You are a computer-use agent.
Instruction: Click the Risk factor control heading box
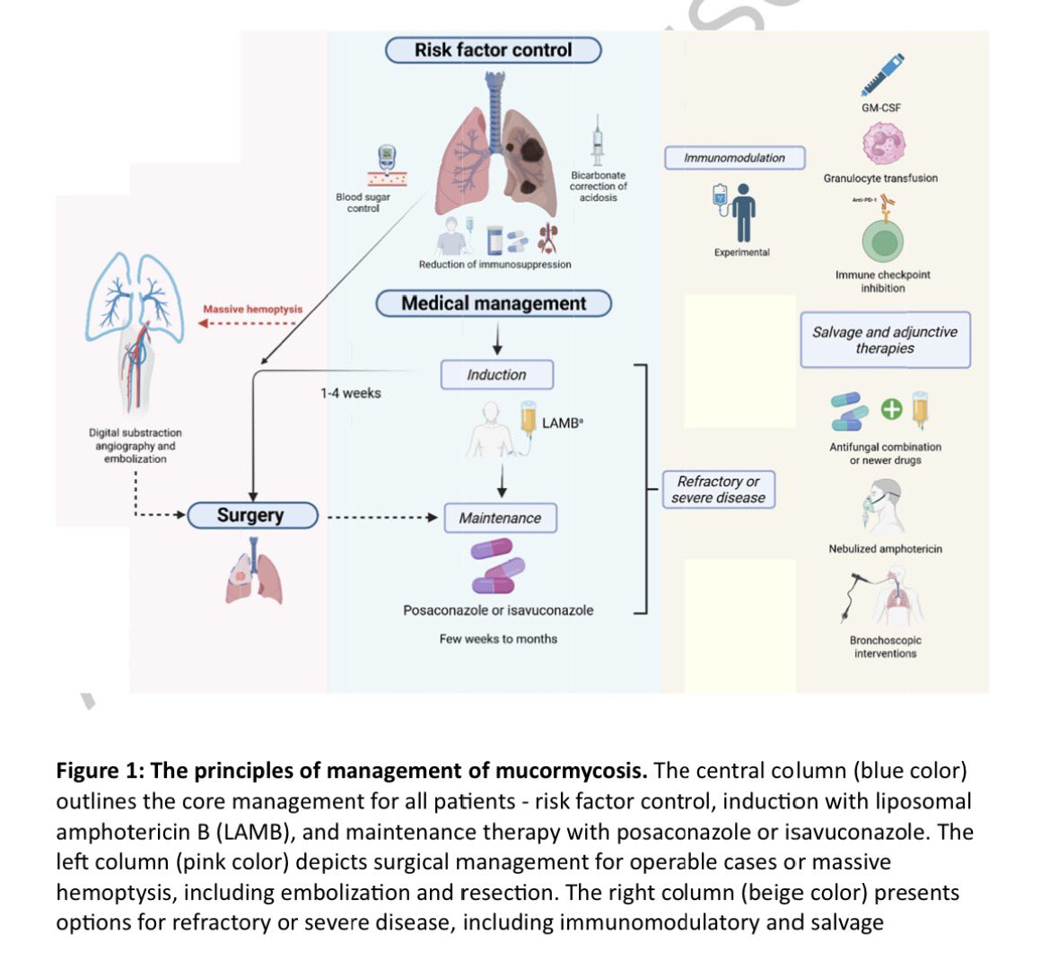click(x=494, y=50)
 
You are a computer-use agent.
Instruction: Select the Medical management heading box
click(x=494, y=303)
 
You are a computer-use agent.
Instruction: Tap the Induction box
click(x=497, y=375)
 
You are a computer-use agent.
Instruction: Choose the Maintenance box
click(x=500, y=518)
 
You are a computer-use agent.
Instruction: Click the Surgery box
click(x=252, y=515)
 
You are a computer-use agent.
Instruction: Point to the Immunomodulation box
click(x=735, y=158)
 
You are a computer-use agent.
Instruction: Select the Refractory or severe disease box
click(x=719, y=490)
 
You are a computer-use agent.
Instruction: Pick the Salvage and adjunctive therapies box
click(x=885, y=340)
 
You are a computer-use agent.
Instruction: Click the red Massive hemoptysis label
click(x=252, y=310)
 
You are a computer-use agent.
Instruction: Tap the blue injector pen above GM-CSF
click(x=883, y=74)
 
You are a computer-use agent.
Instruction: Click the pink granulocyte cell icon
click(x=884, y=144)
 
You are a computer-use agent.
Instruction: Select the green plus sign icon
click(x=891, y=409)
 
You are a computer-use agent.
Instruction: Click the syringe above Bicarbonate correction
click(x=598, y=141)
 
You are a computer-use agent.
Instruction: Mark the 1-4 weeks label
click(x=350, y=394)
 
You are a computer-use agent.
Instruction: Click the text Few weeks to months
click(x=498, y=639)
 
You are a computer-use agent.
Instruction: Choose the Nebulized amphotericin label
click(x=885, y=549)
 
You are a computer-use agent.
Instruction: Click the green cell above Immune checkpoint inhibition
click(x=883, y=241)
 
